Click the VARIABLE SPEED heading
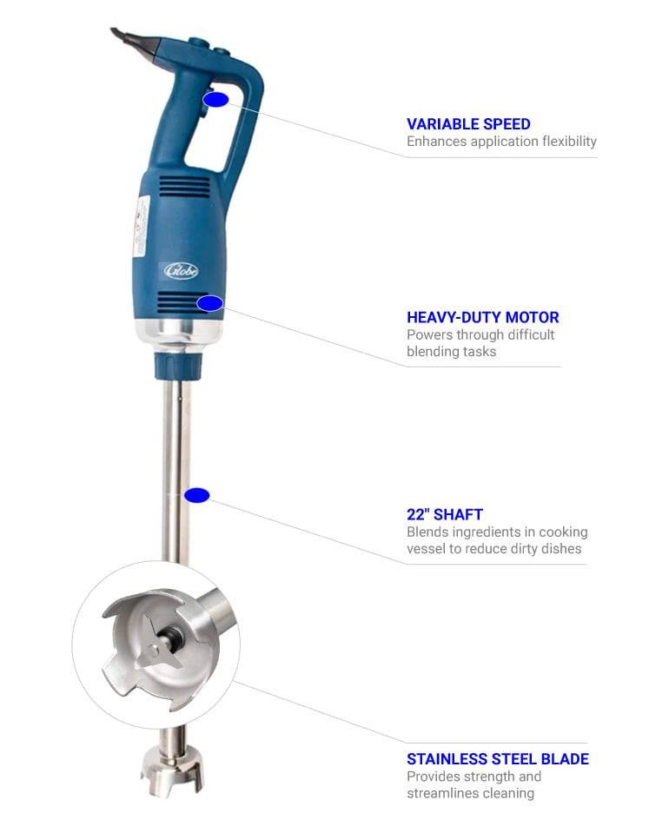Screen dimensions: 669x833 coord(468,124)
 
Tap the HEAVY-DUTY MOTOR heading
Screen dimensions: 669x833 coord(482,317)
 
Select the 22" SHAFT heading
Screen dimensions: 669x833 coord(444,514)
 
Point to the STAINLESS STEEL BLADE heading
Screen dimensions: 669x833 coord(497,758)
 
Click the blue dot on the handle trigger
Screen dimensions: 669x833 coord(215,99)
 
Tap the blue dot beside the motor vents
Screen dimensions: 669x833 coord(210,303)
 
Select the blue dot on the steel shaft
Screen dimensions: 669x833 coord(197,495)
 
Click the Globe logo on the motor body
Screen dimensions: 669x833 coord(181,270)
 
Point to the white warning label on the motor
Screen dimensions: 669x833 coord(142,226)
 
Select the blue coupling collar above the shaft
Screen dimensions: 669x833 coord(178,365)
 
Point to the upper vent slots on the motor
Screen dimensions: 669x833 coord(185,187)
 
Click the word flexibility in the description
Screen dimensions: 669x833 coord(569,142)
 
